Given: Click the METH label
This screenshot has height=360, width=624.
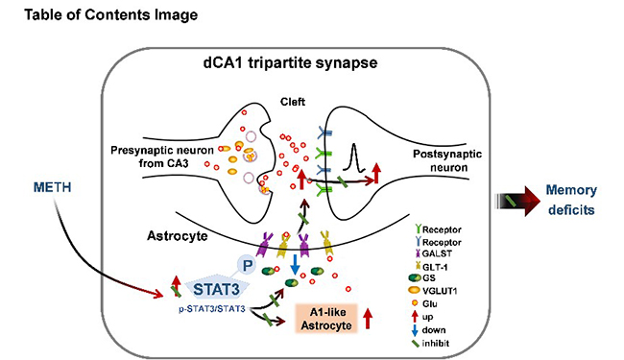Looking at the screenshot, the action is (x=52, y=187).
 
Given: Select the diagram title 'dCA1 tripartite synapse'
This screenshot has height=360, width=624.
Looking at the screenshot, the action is (x=290, y=62).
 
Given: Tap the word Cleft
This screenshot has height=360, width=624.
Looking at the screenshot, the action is (x=293, y=102).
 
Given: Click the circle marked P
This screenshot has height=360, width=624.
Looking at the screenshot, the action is (x=247, y=265).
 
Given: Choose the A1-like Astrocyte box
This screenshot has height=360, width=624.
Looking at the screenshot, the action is (x=326, y=319).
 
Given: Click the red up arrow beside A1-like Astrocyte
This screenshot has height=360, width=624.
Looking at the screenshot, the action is (x=368, y=319).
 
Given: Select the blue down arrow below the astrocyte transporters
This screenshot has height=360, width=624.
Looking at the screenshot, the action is (x=295, y=265).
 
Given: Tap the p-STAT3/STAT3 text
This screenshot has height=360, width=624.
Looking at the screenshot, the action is (x=212, y=309).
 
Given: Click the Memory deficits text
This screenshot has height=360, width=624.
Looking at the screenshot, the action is (x=571, y=200).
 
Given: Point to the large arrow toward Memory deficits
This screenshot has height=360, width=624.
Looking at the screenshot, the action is (x=517, y=201).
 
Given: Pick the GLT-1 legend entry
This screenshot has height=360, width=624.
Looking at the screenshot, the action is (x=431, y=267).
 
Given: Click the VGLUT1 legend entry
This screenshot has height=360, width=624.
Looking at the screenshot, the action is (x=433, y=291).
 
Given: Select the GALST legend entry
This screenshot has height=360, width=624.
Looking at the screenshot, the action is (x=433, y=253).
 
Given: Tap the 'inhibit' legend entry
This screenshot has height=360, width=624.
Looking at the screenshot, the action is (x=430, y=343).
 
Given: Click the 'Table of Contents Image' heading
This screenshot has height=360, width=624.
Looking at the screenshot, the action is (x=111, y=14).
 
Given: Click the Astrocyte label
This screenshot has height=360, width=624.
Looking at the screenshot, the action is (x=178, y=236).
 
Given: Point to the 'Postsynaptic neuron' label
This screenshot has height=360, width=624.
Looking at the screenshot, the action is (x=447, y=160).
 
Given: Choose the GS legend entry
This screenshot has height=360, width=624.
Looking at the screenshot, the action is (x=422, y=278).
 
